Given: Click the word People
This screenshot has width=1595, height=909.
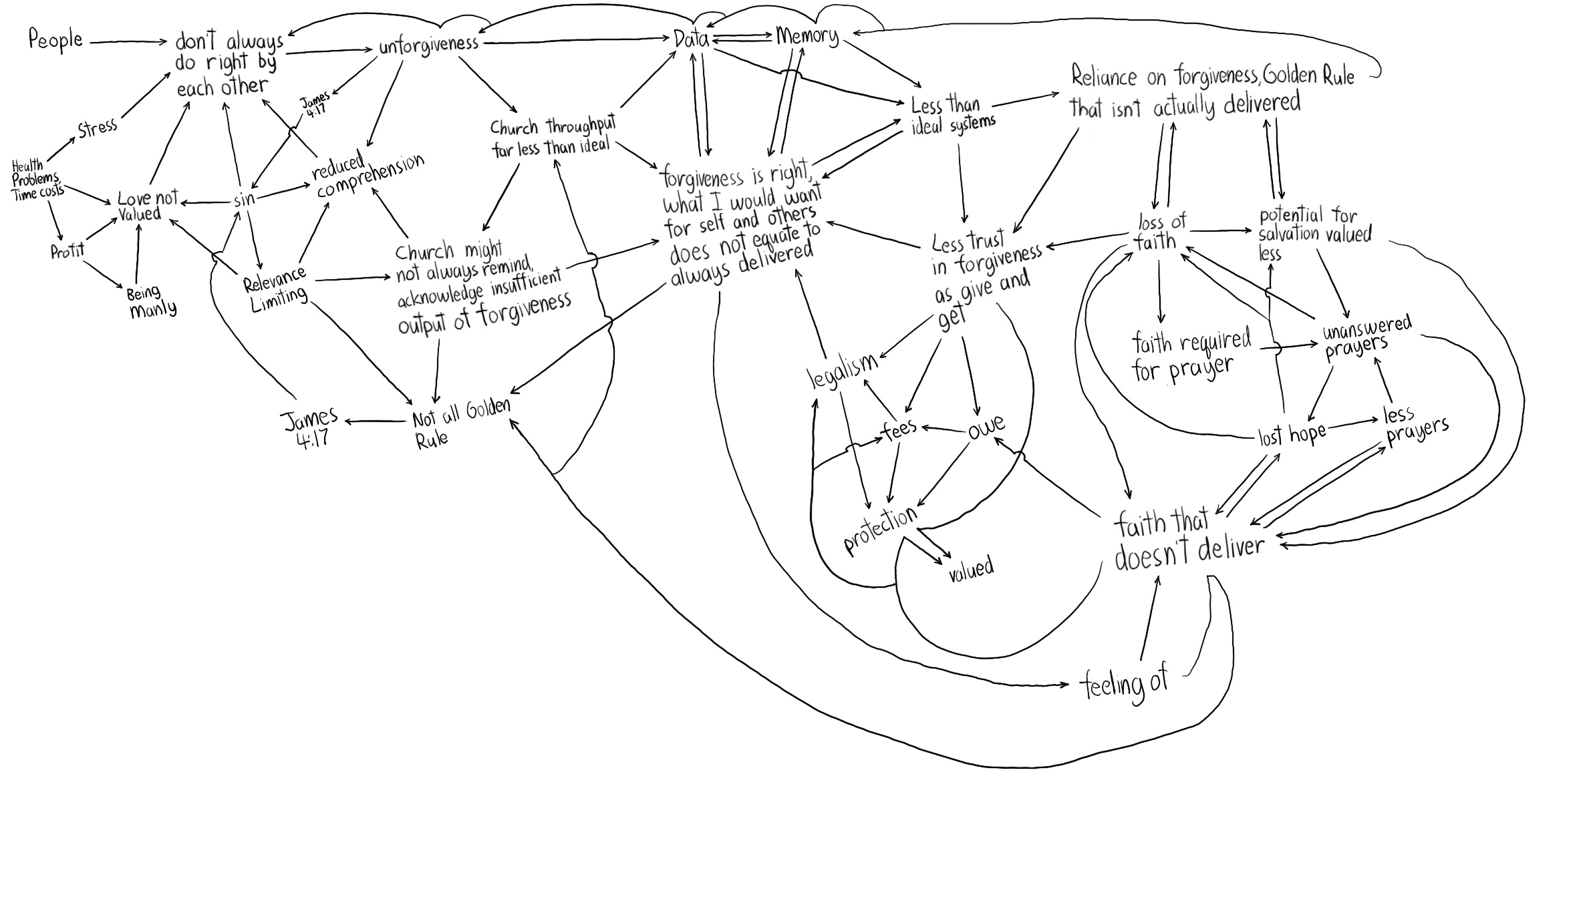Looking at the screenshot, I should pos(55,40).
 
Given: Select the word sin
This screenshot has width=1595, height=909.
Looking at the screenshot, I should pos(244,199).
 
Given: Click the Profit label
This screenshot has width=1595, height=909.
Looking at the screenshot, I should pos(67,251).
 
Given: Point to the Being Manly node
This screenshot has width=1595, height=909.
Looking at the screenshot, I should pos(152,302).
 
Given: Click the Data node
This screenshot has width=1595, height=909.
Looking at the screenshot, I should pos(691,39).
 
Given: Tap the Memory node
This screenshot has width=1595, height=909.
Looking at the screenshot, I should pos(807,35).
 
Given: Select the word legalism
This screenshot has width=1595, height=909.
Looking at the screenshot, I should pos(842,370).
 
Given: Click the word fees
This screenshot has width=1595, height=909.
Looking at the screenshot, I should pos(899,430).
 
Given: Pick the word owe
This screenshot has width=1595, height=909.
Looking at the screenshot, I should pos(986,425).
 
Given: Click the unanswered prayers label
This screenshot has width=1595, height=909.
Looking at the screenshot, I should pos(1366,337).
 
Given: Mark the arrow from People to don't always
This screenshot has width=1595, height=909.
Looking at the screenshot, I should pos(127,43).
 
